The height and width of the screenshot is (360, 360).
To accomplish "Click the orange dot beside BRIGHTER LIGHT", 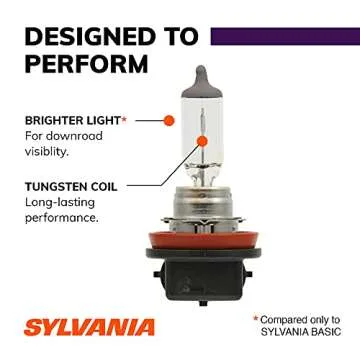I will (169, 120).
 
